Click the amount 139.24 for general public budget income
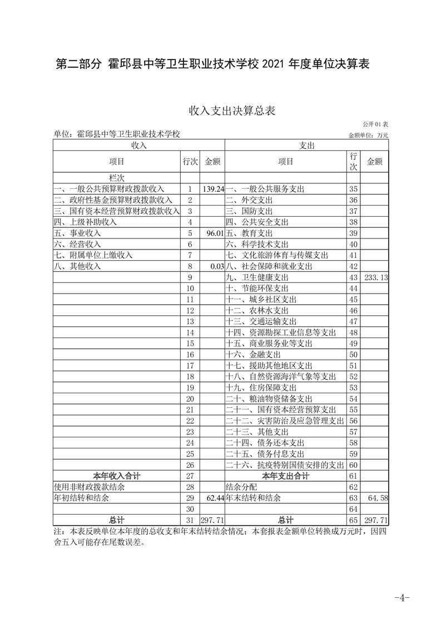point(214,189)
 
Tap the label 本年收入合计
point(117,476)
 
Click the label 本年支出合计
point(285,476)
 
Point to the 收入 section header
point(138,145)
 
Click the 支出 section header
point(306,145)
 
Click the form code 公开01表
point(376,124)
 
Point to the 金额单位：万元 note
point(368,135)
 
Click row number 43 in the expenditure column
point(353,277)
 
